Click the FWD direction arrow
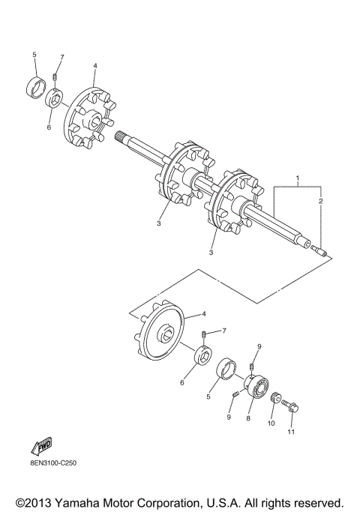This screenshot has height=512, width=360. pos(42,446)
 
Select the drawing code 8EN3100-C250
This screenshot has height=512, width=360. pos(53,463)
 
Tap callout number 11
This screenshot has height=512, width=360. pos(291,432)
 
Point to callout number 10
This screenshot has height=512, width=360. pos(271,424)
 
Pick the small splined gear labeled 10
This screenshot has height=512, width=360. pos(276,397)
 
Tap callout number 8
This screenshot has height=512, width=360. pos(248,418)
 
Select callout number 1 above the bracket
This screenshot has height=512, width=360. pos(298,178)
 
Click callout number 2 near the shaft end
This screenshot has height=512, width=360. pos(320,201)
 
